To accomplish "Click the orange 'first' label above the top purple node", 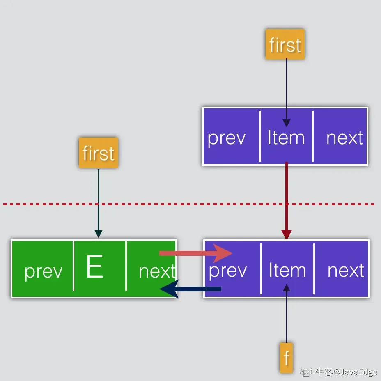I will pyautogui.click(x=285, y=44).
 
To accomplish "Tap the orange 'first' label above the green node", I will pyautogui.click(x=99, y=153).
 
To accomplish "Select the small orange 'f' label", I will pyautogui.click(x=287, y=358).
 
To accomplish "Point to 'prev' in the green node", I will pyautogui.click(x=44, y=271).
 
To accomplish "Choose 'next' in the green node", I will pyautogui.click(x=157, y=271).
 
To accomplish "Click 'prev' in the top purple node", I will pyautogui.click(x=226, y=138).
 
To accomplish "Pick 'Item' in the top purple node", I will pyautogui.click(x=286, y=138).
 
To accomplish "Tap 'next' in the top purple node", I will pyautogui.click(x=344, y=138).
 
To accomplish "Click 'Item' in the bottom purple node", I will pyautogui.click(x=287, y=271).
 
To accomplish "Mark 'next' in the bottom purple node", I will pyautogui.click(x=346, y=271).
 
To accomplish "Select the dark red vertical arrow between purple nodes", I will pyautogui.click(x=287, y=201).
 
